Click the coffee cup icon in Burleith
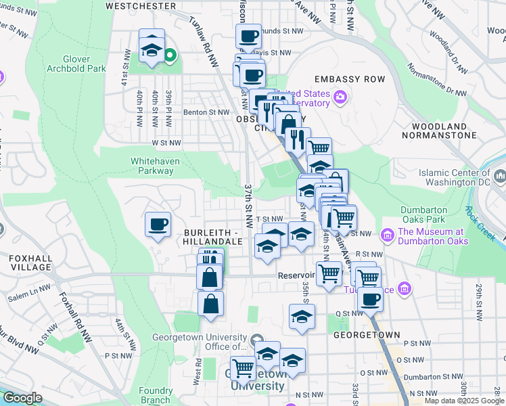point(158,225)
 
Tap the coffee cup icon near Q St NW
point(369,298)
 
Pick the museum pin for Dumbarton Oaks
point(388,235)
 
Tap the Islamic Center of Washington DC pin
point(501,177)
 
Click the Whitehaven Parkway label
point(152,166)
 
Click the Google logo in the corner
point(22,398)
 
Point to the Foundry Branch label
point(156,395)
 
